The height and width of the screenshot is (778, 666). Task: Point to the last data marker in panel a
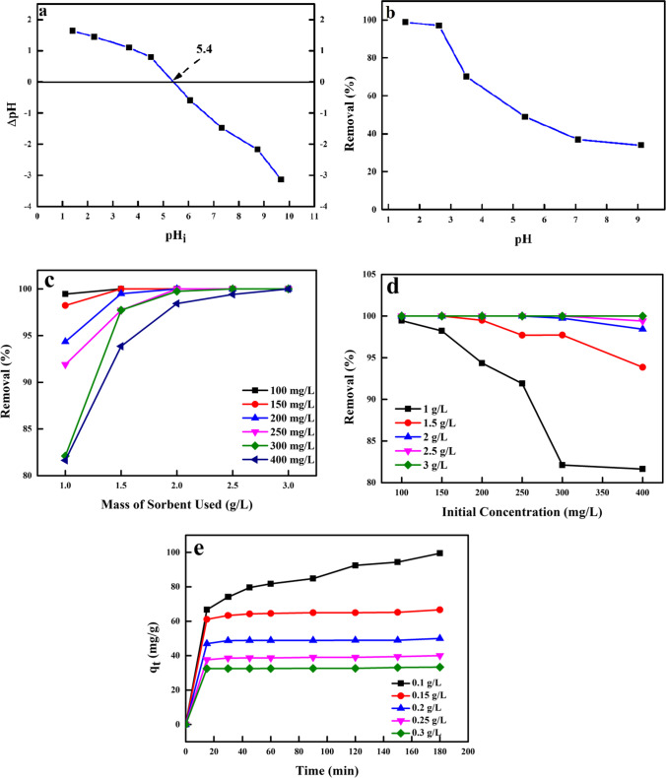point(282,179)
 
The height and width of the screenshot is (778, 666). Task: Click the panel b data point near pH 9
point(640,145)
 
